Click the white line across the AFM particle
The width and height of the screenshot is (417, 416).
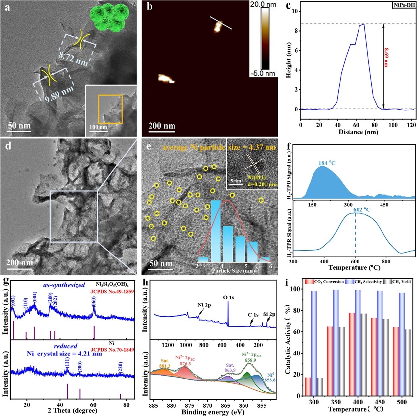click(221, 23)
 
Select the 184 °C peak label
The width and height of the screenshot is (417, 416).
click(327, 163)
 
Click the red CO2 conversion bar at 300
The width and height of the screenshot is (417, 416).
click(308, 386)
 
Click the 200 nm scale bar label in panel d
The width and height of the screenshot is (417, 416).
click(19, 263)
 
